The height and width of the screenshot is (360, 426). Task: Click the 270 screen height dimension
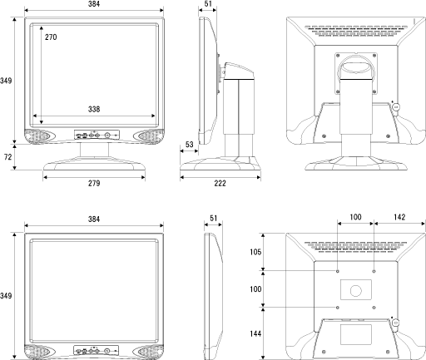tap(51, 37)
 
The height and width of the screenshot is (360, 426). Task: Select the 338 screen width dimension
tap(94, 109)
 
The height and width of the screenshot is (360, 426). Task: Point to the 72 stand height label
tap(8, 157)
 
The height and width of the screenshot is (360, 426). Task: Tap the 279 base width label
tap(94, 183)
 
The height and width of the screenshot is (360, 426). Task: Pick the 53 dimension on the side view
tap(189, 145)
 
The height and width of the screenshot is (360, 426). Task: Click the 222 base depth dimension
tap(220, 183)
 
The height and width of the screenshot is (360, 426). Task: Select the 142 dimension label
tap(399, 217)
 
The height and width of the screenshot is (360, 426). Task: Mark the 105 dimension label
tap(255, 252)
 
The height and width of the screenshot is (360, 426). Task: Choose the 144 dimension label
tap(255, 333)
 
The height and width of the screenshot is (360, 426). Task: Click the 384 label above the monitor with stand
tap(94, 4)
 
